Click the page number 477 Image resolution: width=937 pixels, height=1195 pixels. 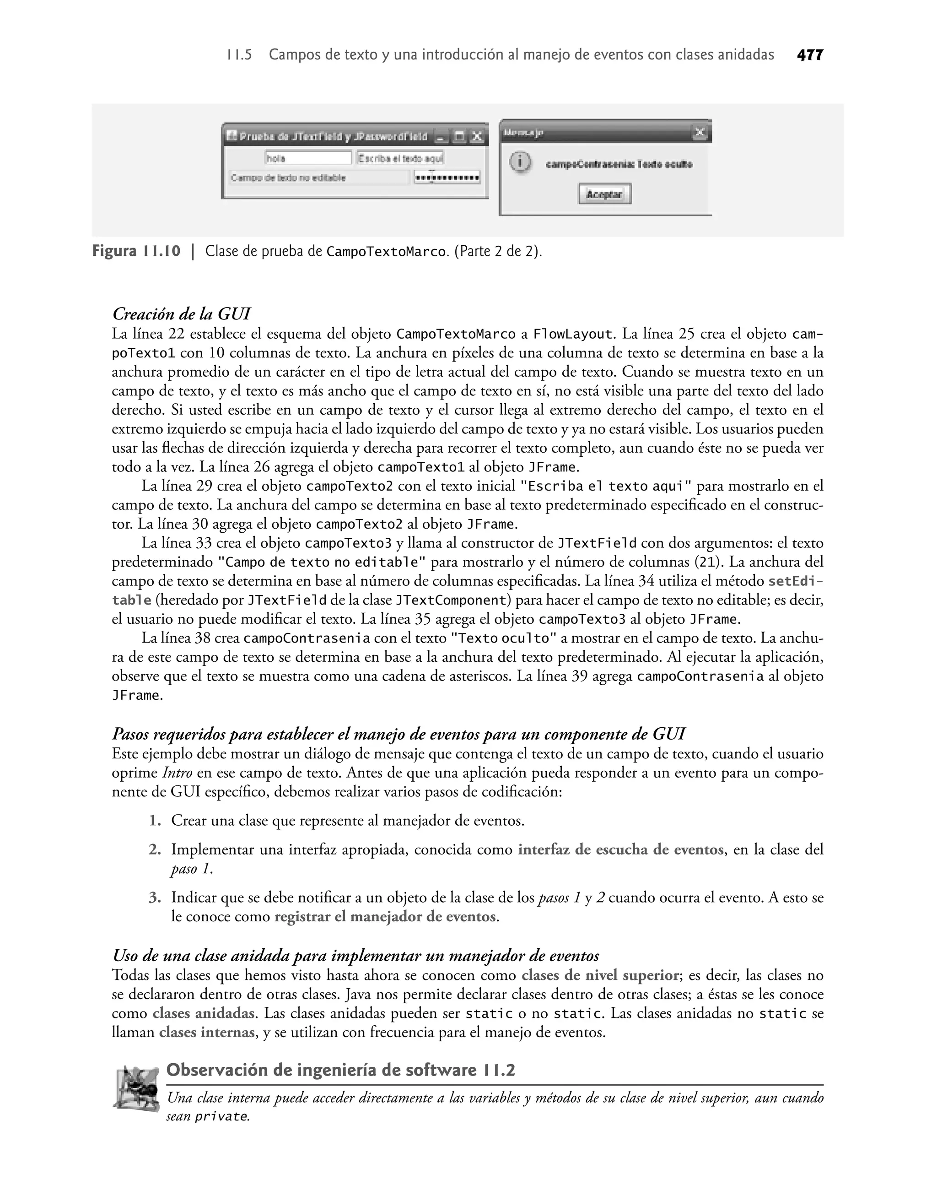[x=810, y=55]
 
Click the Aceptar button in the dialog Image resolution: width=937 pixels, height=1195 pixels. [x=604, y=194]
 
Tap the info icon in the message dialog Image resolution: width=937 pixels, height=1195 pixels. [x=520, y=163]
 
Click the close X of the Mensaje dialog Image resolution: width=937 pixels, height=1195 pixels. [x=700, y=132]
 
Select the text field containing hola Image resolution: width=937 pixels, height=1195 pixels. [x=308, y=158]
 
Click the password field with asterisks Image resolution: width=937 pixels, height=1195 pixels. [x=447, y=178]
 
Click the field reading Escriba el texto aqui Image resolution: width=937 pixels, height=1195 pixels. [x=400, y=158]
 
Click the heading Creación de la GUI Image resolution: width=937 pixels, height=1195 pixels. [x=181, y=314]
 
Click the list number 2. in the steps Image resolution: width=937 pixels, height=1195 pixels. [x=155, y=850]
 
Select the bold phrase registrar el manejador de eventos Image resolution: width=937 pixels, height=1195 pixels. [x=385, y=917]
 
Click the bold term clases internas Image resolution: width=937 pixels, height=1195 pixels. [x=207, y=1033]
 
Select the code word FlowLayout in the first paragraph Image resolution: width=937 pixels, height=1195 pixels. [x=573, y=334]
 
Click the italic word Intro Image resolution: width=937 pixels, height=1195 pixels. [x=177, y=773]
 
